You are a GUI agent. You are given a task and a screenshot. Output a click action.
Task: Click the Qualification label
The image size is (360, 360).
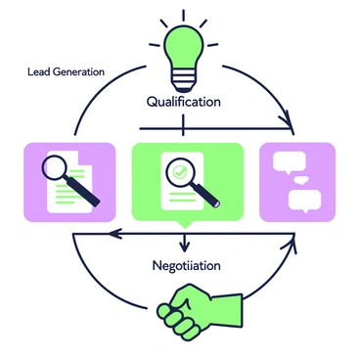pyautogui.click(x=184, y=101)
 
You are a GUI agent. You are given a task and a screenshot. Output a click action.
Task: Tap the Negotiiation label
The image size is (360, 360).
pyautogui.click(x=185, y=265)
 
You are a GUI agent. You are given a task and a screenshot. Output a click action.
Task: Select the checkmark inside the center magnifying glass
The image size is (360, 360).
pyautogui.click(x=179, y=171)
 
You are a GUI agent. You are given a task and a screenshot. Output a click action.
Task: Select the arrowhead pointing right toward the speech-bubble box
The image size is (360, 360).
pyautogui.click(x=290, y=128)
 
